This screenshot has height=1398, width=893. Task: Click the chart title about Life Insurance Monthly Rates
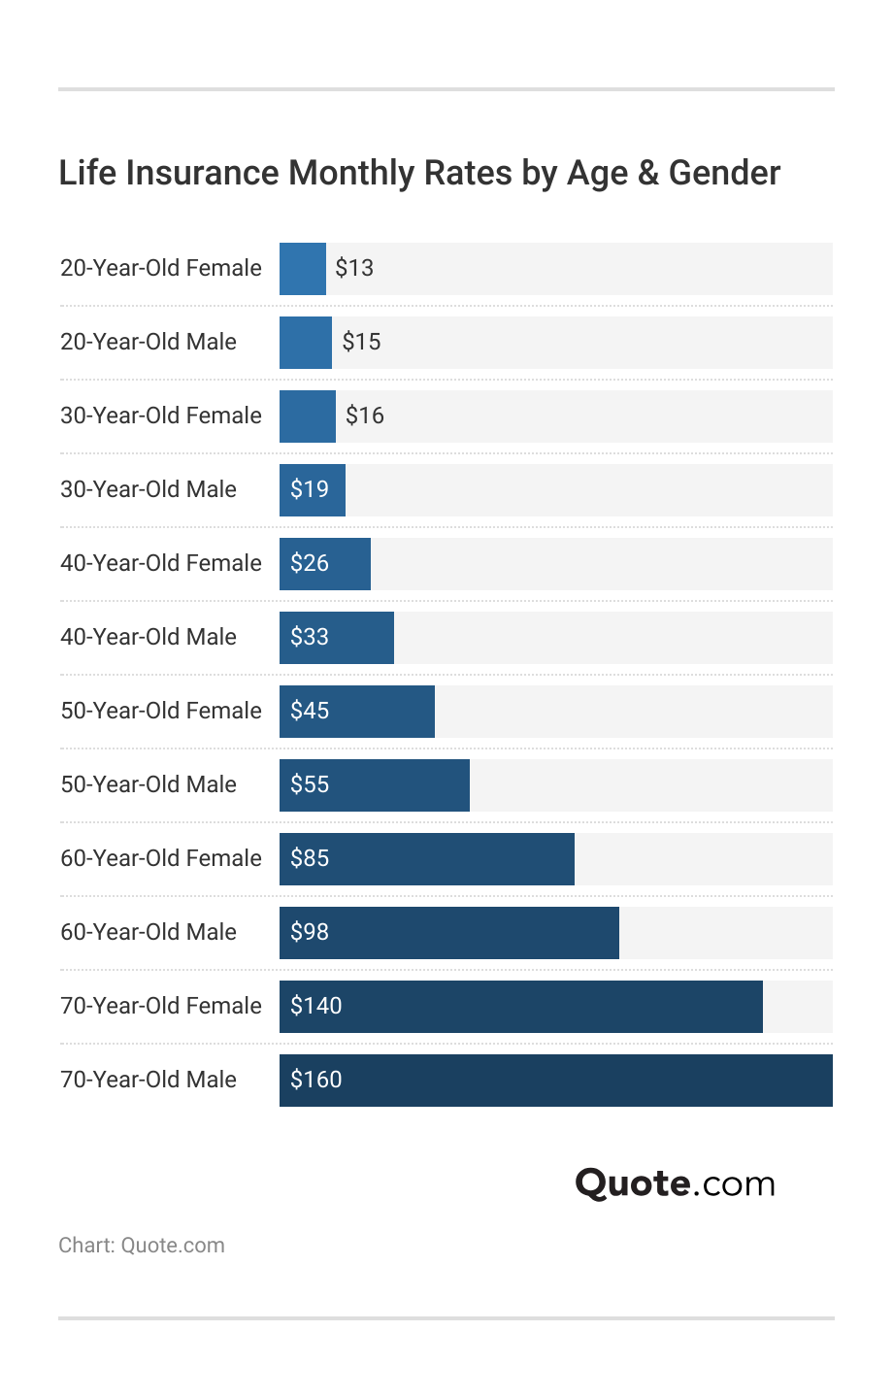(x=419, y=173)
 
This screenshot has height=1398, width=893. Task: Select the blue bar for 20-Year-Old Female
(x=303, y=269)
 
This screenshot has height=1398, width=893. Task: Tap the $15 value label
(x=361, y=342)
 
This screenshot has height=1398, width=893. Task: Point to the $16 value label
(x=365, y=416)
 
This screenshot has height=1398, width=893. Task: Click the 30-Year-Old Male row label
(x=149, y=489)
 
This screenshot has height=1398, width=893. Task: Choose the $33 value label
(x=310, y=637)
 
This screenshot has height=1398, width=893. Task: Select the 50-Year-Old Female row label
(x=161, y=711)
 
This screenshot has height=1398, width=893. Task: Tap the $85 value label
(x=310, y=858)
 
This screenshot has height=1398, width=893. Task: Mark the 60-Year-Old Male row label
(x=149, y=932)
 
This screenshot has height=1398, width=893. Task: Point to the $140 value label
(x=316, y=1006)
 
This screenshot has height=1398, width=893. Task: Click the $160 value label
(x=316, y=1080)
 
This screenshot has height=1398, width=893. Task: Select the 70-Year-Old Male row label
(x=149, y=1080)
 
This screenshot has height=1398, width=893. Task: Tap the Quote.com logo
(x=675, y=1183)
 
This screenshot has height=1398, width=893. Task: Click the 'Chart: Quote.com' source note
(x=142, y=1246)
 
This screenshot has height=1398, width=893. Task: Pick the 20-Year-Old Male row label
(x=149, y=342)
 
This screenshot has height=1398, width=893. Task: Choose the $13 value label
(x=354, y=268)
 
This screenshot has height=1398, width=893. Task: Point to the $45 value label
(x=310, y=711)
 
